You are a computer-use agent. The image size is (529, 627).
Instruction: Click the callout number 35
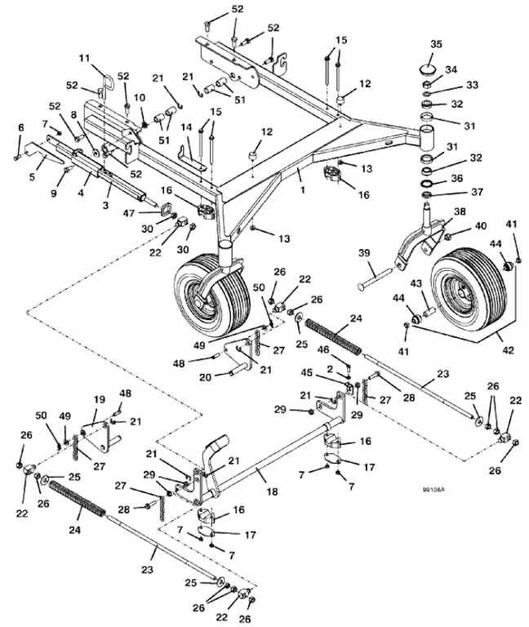point(436,43)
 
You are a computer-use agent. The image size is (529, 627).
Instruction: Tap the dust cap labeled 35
point(428,69)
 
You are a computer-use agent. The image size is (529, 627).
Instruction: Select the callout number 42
point(508,350)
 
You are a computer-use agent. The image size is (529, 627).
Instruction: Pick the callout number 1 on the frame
point(303,190)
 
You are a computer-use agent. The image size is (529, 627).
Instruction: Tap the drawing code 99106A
point(435,490)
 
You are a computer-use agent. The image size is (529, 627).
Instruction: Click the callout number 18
point(272,491)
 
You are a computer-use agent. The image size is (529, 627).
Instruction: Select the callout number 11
point(84,59)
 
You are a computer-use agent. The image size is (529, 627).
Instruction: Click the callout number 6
point(20,127)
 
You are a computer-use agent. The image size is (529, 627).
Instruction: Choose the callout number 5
point(32,176)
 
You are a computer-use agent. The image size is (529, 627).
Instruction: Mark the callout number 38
point(460,211)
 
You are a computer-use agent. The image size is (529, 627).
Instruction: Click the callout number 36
point(456,178)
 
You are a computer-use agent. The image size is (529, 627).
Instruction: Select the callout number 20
point(205,377)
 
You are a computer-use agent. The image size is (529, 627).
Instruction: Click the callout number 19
point(99,399)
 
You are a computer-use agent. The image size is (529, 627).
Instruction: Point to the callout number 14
point(186,127)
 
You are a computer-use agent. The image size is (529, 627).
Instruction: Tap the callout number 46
point(323,350)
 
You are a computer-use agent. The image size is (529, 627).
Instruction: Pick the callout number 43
point(416,283)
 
